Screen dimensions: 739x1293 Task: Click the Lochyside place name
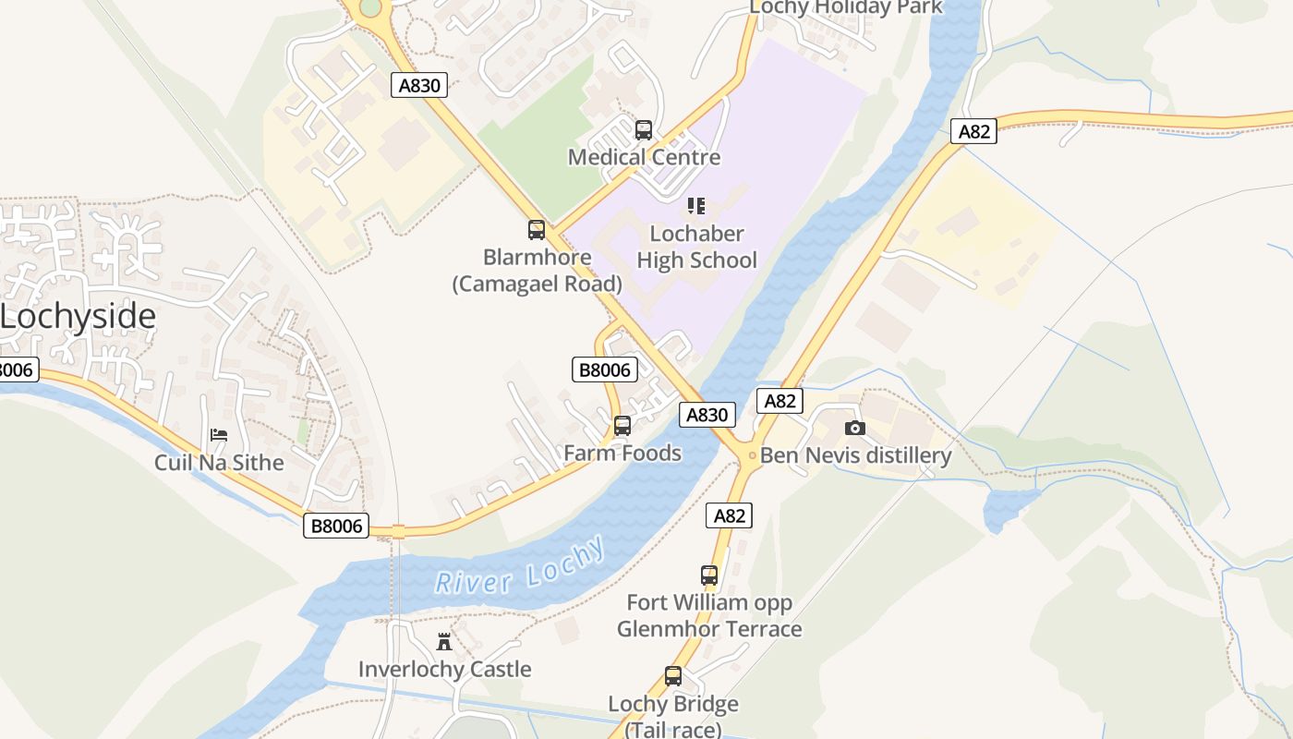coord(78,317)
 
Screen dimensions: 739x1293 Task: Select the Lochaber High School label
coord(696,247)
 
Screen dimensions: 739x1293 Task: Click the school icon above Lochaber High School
coord(696,205)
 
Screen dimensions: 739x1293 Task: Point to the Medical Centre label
coord(644,157)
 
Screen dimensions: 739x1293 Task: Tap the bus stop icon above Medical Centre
coord(644,130)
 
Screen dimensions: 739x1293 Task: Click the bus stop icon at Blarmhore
coord(537,230)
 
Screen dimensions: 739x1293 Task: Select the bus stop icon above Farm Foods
coord(622,426)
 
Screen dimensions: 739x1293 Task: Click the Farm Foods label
coord(622,454)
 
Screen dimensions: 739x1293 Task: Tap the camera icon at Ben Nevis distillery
coord(855,428)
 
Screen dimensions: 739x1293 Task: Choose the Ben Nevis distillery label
coord(855,455)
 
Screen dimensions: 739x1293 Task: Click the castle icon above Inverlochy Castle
coord(444,642)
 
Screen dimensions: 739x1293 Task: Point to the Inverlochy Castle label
coord(444,670)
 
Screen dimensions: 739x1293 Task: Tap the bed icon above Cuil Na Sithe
coord(219,435)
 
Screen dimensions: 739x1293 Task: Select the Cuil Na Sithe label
coord(219,463)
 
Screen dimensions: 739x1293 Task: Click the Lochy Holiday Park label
coord(845,7)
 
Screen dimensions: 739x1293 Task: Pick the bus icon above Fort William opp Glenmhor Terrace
coord(709,575)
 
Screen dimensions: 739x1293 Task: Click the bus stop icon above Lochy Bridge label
coord(673,676)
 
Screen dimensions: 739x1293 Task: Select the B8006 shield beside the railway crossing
coord(336,527)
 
